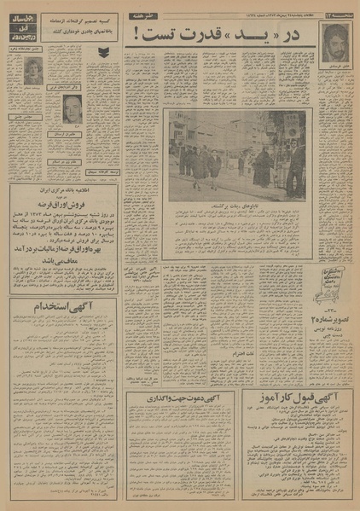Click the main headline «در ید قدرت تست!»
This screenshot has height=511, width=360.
[x=224, y=35]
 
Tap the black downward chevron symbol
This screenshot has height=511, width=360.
[x=103, y=53]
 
